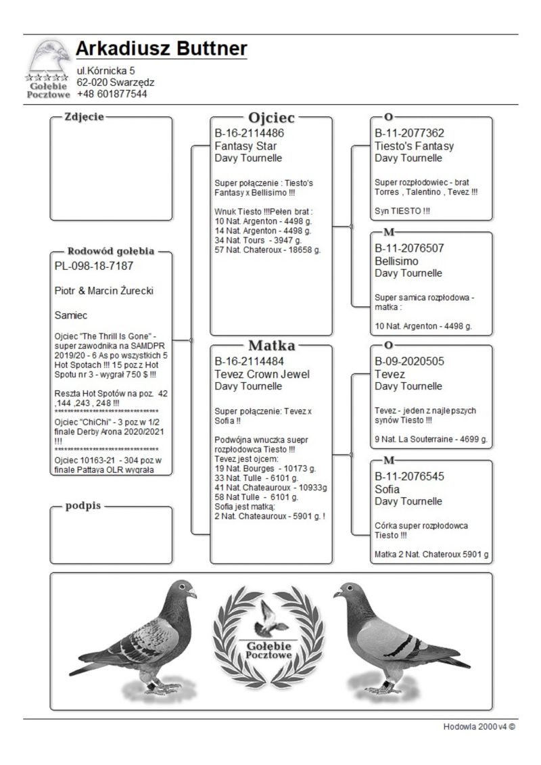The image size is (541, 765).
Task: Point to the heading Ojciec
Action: coord(271,118)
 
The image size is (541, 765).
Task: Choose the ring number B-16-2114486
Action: coord(249,133)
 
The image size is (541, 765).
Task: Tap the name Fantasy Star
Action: coord(245,145)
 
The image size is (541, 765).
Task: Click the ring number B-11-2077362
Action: coord(409,133)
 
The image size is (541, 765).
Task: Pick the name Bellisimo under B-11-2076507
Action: coord(396,261)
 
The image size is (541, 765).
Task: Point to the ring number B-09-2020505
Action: coord(409,361)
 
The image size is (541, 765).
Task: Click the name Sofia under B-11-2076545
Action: coord(387,489)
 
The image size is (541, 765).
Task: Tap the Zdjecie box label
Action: coord(84,117)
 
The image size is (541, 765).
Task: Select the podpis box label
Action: coord(83,507)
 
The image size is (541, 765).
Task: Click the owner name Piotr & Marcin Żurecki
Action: coord(103,291)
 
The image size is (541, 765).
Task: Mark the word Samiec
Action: coord(70,315)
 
